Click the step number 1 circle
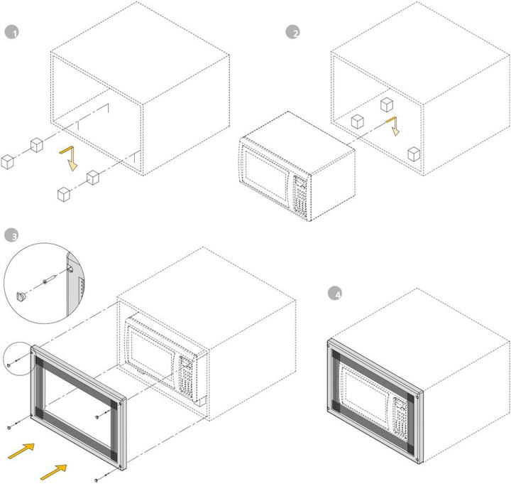(10, 32)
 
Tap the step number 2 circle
(292, 32)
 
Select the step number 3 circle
(11, 235)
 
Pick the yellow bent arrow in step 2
(393, 127)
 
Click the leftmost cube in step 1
(8, 161)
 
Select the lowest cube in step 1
(64, 193)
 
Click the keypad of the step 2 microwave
(300, 192)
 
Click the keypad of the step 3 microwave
(187, 377)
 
